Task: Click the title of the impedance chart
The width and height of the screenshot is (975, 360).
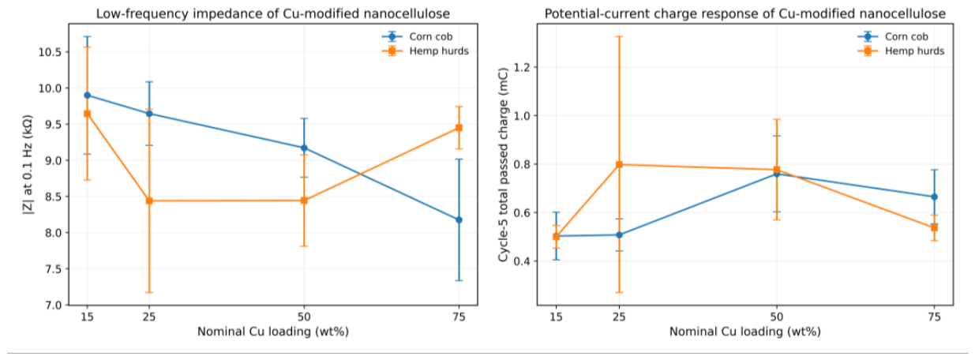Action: (273, 14)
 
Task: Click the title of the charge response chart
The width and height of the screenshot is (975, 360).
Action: (744, 14)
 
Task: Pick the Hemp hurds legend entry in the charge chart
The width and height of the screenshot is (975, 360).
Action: (901, 51)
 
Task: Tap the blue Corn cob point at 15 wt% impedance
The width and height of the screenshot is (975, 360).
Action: (87, 96)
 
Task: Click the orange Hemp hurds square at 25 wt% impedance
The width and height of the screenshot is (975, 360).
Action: (149, 201)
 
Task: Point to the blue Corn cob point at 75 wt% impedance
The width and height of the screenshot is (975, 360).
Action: (459, 219)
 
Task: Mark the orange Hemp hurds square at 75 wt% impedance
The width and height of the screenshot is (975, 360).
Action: (459, 128)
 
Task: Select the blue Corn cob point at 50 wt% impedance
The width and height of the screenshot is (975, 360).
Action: (304, 148)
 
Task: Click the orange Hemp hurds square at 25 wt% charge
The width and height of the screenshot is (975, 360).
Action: (619, 164)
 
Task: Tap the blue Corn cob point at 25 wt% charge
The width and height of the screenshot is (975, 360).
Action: (619, 235)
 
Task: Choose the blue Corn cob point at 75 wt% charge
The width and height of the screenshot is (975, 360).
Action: (934, 197)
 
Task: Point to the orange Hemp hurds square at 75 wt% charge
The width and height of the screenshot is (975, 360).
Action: (934, 227)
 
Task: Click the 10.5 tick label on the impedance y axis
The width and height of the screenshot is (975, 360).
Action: (50, 52)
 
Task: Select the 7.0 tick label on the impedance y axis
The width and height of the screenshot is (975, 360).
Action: (53, 306)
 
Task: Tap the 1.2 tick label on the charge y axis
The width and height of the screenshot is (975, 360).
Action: (522, 67)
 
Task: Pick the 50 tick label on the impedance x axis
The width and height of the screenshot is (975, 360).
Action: (304, 317)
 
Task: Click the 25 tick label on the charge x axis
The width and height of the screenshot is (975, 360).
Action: (619, 317)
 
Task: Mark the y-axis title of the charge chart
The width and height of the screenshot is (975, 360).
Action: (503, 164)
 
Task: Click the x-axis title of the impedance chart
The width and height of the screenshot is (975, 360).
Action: (273, 332)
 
